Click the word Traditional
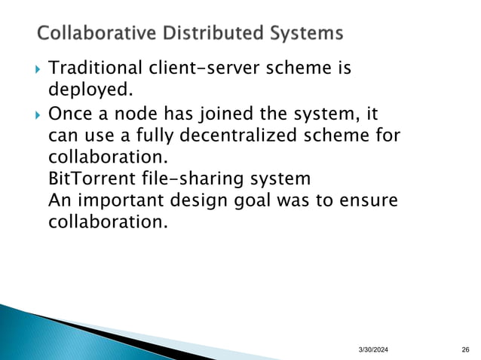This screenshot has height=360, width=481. (x=95, y=69)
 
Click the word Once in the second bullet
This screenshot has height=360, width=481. (x=69, y=115)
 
